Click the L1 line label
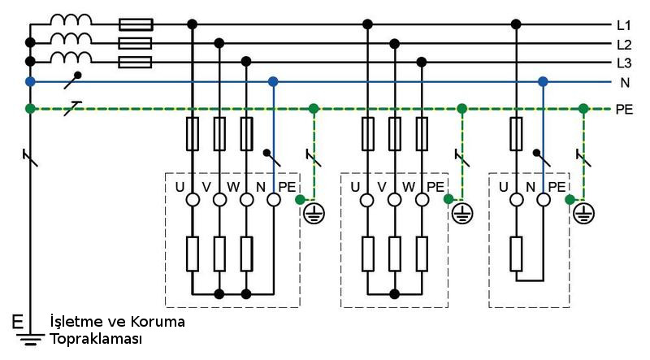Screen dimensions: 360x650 [624, 25]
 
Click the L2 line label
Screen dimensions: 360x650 [624, 44]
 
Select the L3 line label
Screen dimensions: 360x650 [624, 63]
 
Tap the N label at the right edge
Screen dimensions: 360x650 [624, 82]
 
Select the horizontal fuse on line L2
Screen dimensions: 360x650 [135, 43]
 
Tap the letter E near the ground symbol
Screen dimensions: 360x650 [18, 323]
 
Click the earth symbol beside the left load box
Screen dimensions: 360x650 [314, 214]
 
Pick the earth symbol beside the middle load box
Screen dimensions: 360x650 [461, 214]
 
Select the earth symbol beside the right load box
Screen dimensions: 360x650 [583, 214]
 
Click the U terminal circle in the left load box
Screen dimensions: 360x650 [193, 200]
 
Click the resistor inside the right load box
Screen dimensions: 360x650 [517, 253]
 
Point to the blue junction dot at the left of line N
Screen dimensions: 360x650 [30, 81]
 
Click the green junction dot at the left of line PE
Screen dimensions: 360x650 [30, 108]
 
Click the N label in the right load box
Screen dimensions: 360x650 [531, 186]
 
